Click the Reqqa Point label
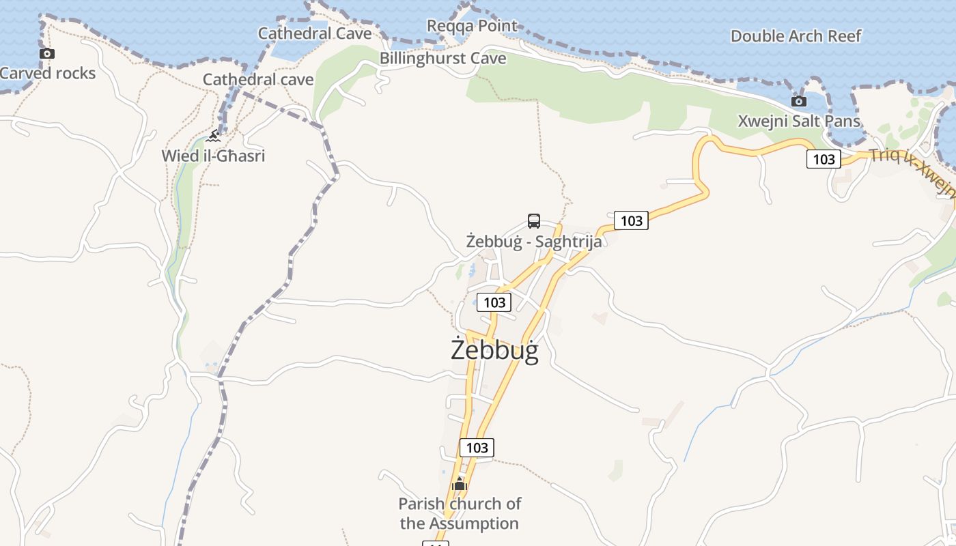click(x=472, y=26)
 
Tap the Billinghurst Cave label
click(x=443, y=59)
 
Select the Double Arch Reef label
click(x=796, y=36)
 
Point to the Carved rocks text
click(x=48, y=73)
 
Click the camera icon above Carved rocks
click(x=46, y=53)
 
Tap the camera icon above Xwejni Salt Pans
click(x=798, y=102)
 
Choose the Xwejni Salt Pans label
click(x=799, y=121)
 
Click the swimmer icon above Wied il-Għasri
click(x=214, y=136)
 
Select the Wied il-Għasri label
click(x=213, y=156)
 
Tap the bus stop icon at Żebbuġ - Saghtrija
click(x=534, y=221)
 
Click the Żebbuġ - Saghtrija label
click(x=534, y=242)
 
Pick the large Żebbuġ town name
click(x=495, y=350)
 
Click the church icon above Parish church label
click(x=459, y=485)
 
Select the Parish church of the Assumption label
click(x=460, y=514)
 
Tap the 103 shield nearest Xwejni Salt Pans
click(x=824, y=159)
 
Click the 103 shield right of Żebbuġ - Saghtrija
click(x=631, y=220)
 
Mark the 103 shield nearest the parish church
click(x=477, y=448)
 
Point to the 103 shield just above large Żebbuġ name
click(x=494, y=302)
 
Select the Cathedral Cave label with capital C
click(x=315, y=33)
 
